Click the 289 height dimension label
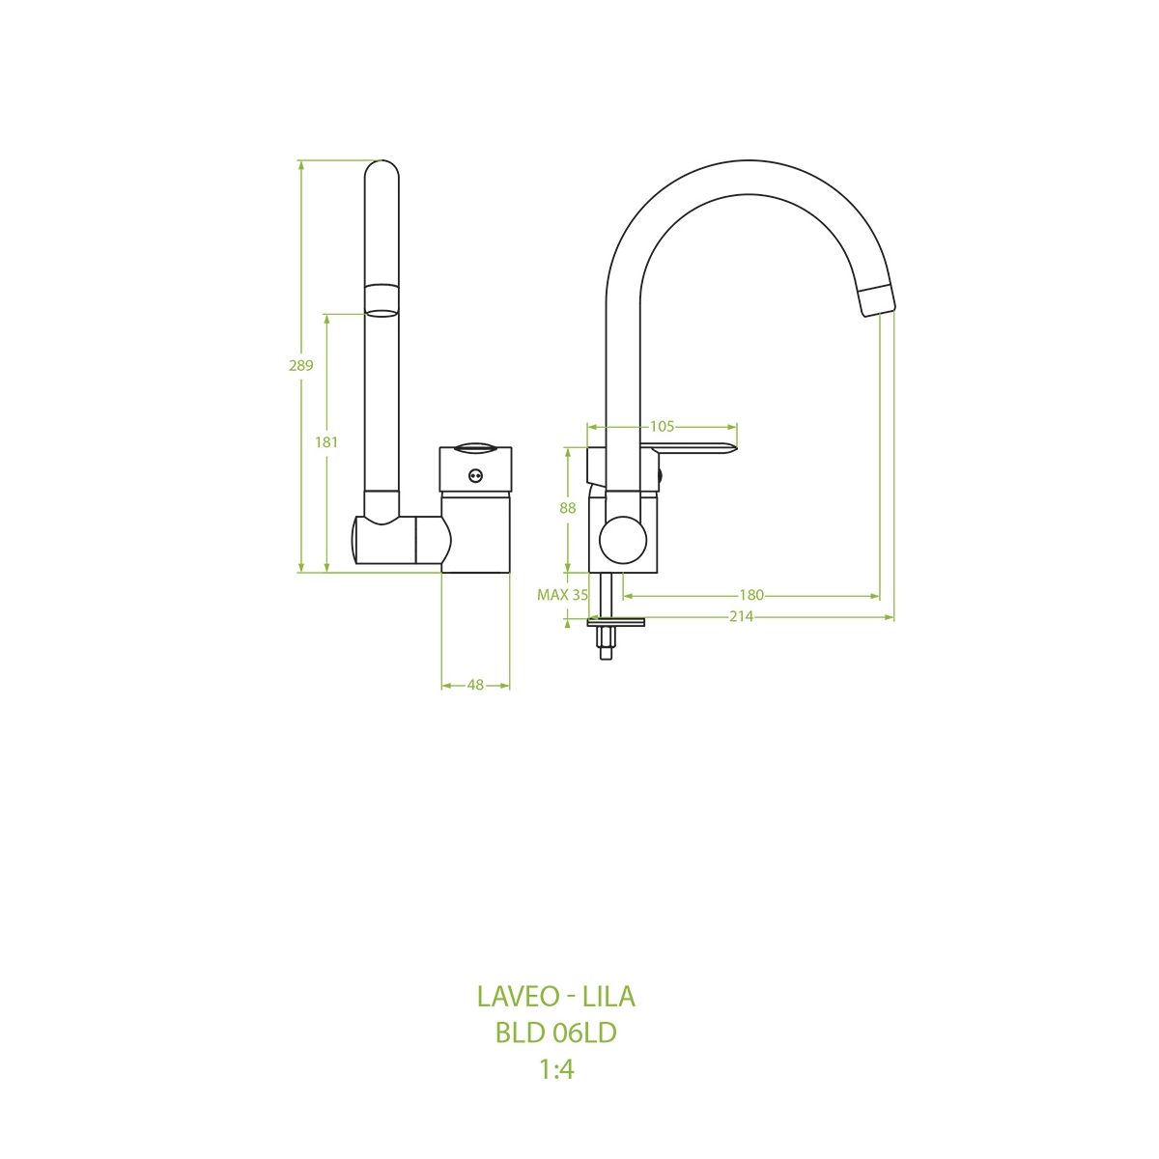coord(300,365)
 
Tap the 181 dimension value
coord(326,442)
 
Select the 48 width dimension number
coord(475,685)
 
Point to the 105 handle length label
coord(663,427)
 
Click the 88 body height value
coord(568,508)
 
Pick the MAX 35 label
coord(562,596)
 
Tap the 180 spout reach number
coord(751,596)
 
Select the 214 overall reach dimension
coord(742,616)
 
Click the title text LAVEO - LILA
coord(556,997)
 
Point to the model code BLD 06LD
coord(556,1033)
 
